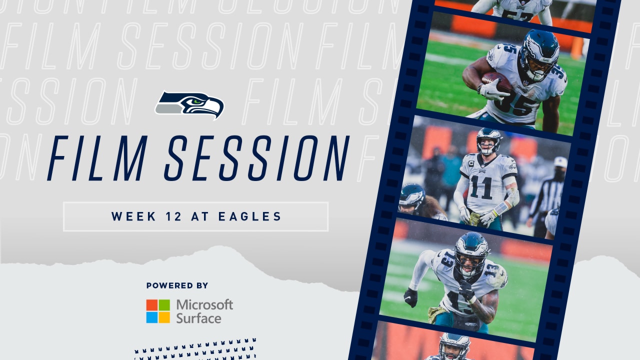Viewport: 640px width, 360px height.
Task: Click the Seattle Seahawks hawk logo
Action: coord(189,105)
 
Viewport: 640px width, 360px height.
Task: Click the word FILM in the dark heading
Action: coord(97,158)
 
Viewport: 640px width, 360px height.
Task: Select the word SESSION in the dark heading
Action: coord(257,158)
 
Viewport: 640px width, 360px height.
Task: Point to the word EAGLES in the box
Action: coord(250,216)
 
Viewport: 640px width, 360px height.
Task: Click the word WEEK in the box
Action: coord(133,216)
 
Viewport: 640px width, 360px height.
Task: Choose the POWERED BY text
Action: coord(177,285)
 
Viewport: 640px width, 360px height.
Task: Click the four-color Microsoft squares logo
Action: coord(158,311)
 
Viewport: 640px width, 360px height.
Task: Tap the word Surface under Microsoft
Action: coord(198,318)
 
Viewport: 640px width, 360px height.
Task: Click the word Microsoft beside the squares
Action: coord(204,304)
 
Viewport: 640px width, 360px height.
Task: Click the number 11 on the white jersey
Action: coord(481,187)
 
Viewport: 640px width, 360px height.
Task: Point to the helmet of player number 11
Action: coord(489,140)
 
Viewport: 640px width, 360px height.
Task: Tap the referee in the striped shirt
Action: coord(547,197)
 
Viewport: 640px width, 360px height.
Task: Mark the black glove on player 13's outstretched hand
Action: coord(410,297)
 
